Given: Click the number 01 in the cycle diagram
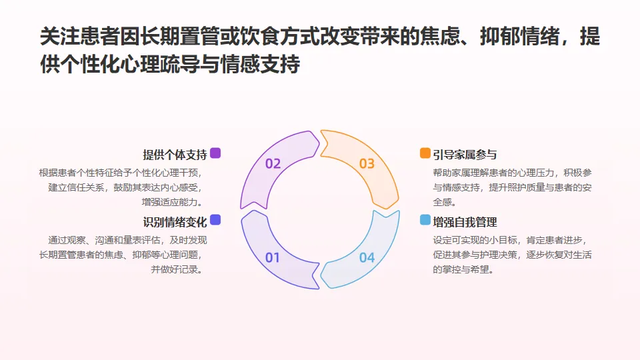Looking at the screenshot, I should pos(273,257).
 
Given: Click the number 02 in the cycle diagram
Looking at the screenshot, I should pos(273,163).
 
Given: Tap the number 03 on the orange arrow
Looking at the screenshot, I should pos(367,163).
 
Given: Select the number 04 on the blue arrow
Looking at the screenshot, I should pos(367,257).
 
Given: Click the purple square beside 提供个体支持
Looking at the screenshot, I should pos(215,153).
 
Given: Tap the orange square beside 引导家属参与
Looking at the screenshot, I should pos(425,153).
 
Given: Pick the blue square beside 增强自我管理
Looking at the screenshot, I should pos(425,220).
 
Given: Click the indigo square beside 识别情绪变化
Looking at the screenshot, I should pos(215,220).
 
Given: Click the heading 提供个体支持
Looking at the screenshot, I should pos(175,155).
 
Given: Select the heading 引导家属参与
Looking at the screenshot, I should pos(465,155).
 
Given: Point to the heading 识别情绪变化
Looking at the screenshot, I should pos(175,221).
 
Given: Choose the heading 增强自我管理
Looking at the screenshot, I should pos(465,222).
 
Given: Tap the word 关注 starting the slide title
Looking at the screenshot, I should pos(55,37).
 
